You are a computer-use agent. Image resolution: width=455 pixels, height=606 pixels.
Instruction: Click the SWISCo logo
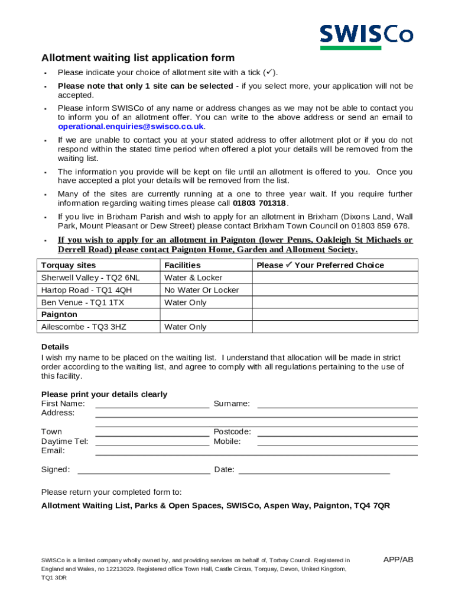366,37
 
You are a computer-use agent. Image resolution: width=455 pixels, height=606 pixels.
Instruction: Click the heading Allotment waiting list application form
138,58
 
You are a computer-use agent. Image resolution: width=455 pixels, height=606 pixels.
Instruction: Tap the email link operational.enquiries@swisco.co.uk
131,127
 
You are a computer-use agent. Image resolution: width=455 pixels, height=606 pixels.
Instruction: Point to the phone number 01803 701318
259,204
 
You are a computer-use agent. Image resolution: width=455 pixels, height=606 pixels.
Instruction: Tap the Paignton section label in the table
59,315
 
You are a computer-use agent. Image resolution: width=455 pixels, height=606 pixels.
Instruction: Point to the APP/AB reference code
398,560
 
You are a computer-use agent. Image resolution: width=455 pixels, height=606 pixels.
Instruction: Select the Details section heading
55,347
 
